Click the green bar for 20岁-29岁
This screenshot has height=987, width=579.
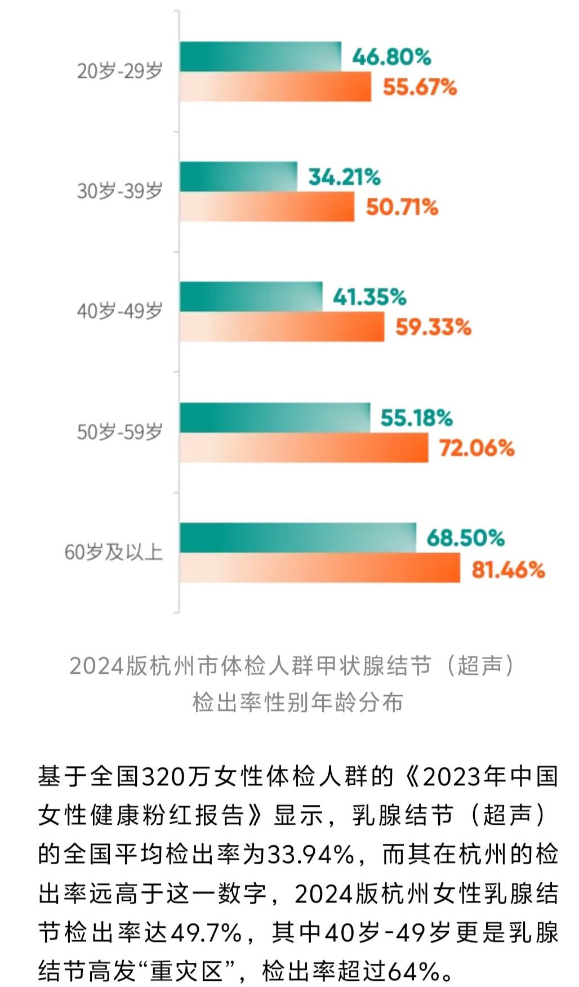pyautogui.click(x=260, y=56)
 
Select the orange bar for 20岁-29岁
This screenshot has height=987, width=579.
pyautogui.click(x=275, y=87)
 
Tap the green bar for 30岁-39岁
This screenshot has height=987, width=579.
pyautogui.click(x=238, y=177)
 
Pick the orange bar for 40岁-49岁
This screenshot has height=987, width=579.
pyautogui.click(x=282, y=327)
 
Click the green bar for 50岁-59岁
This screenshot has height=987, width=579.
pyautogui.click(x=275, y=417)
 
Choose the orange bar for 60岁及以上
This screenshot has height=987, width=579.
pyautogui.click(x=319, y=568)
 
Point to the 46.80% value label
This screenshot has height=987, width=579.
pyautogui.click(x=391, y=57)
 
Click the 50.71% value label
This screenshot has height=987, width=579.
pyautogui.click(x=402, y=207)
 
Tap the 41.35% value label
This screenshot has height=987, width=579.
pyautogui.click(x=369, y=297)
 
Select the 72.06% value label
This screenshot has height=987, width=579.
pyautogui.click(x=476, y=448)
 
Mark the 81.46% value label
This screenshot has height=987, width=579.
pyautogui.click(x=508, y=570)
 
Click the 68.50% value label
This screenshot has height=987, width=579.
pyautogui.click(x=465, y=537)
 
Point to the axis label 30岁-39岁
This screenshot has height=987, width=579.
pyautogui.click(x=120, y=191)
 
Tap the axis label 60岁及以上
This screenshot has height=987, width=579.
pyautogui.click(x=114, y=552)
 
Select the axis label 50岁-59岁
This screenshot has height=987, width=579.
pyautogui.click(x=120, y=432)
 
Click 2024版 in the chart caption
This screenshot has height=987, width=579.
pyautogui.click(x=108, y=666)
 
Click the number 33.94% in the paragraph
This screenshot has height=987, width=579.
pyautogui.click(x=310, y=855)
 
